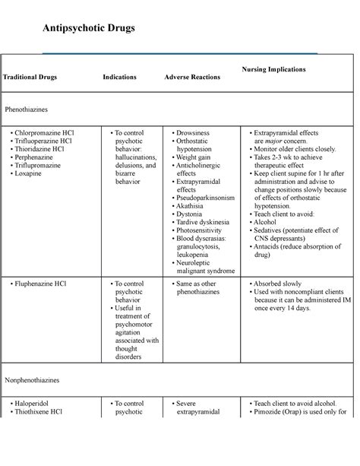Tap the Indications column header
tap(120, 78)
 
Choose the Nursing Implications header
tap(274, 69)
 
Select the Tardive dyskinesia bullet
tap(207, 223)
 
